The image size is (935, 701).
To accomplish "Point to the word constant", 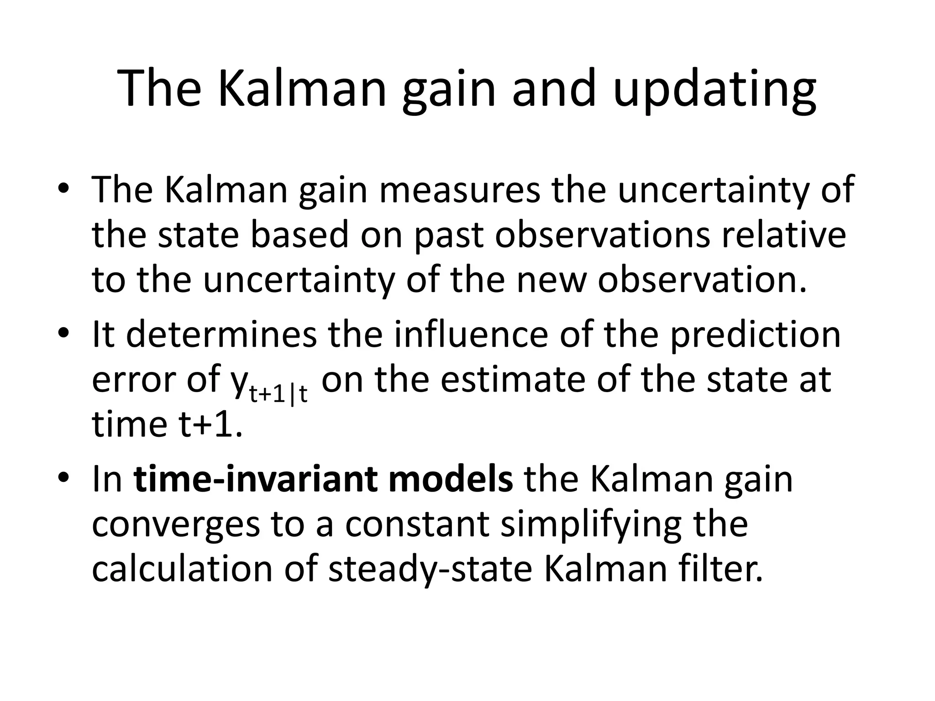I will pyautogui.click(x=417, y=524).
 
